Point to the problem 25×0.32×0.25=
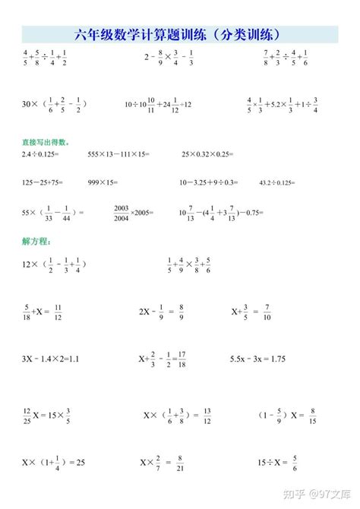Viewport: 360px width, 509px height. click(209, 154)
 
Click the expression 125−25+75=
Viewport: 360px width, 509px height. click(42, 182)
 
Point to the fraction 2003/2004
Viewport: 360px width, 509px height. click(122, 211)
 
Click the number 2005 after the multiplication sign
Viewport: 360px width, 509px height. click(142, 212)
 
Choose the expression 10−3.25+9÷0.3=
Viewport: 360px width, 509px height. click(208, 182)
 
